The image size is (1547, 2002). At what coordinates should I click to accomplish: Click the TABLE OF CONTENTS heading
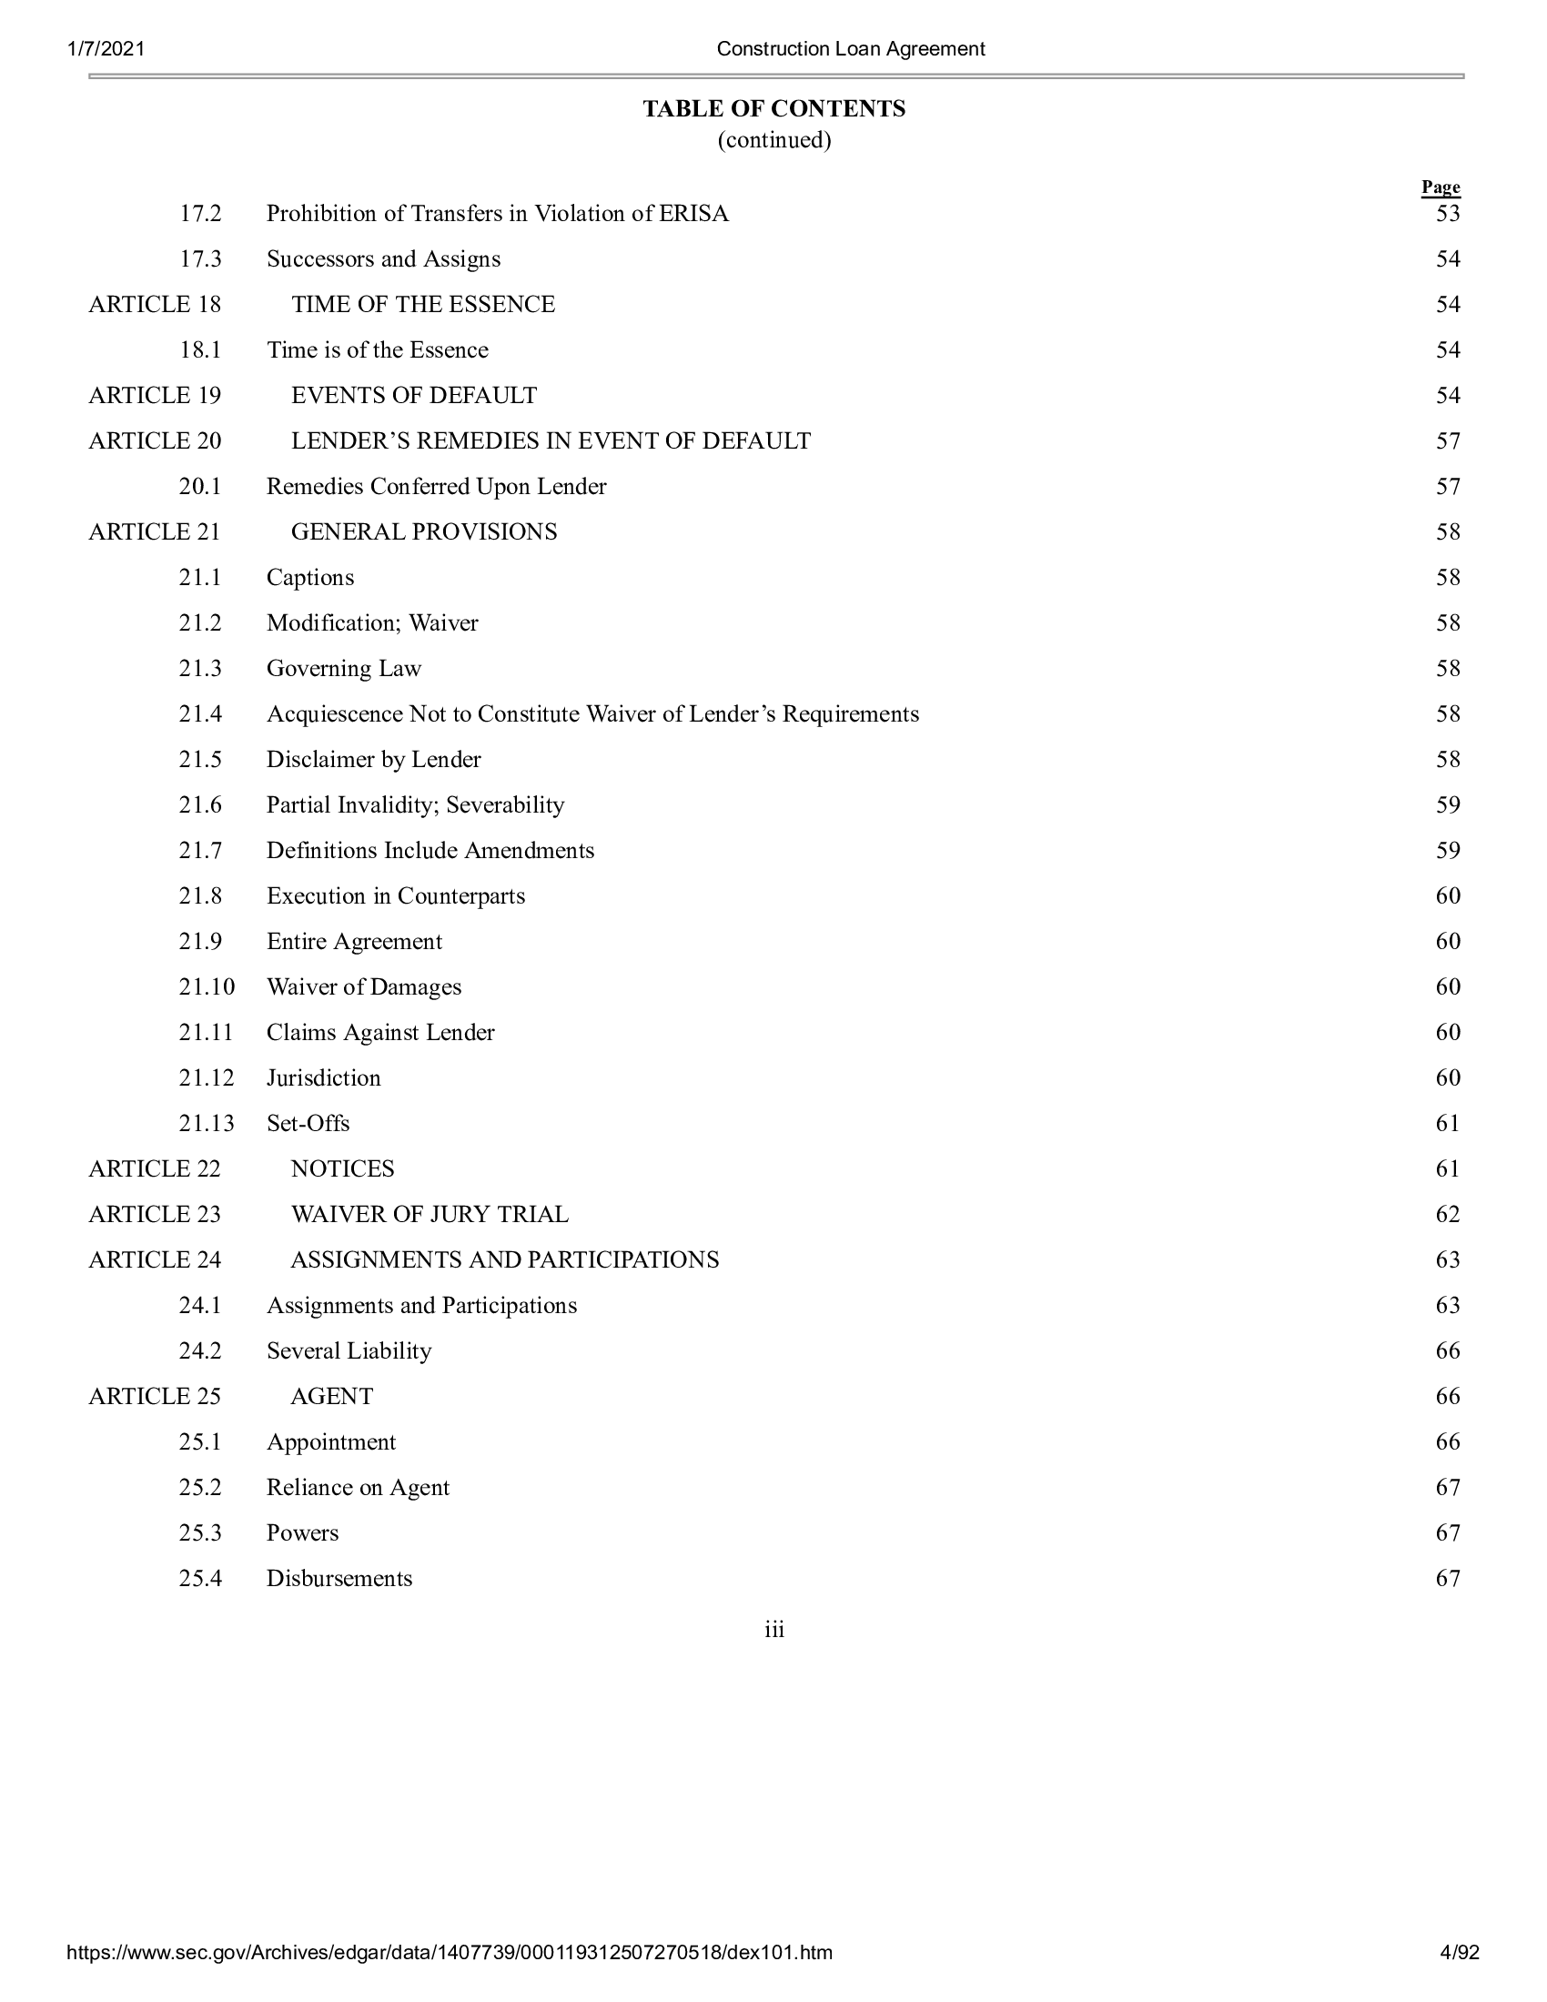pos(773,109)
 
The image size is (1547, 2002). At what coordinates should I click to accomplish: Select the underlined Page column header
pos(1440,187)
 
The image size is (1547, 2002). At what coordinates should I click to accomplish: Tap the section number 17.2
pos(200,214)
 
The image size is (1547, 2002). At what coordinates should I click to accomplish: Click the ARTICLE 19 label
pos(155,395)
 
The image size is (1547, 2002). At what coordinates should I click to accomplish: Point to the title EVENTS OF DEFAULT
pos(414,395)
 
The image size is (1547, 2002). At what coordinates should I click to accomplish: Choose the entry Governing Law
pos(344,668)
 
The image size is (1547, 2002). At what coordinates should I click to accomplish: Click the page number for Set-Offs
pos(1447,1123)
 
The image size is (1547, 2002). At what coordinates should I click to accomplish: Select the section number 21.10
pos(207,987)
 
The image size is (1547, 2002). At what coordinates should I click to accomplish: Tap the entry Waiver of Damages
pos(364,987)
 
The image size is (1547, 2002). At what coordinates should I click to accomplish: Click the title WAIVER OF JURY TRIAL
pos(430,1215)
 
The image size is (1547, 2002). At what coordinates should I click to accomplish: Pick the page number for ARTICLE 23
pos(1447,1215)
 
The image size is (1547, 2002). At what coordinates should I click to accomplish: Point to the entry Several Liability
pos(349,1351)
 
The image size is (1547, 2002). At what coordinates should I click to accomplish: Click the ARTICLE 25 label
pos(155,1396)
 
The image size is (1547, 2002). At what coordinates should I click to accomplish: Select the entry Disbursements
pos(339,1579)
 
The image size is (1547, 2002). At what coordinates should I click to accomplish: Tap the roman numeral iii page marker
pos(774,1630)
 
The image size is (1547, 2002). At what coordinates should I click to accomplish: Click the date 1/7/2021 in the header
pos(106,48)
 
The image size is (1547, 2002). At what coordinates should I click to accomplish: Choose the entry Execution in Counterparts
pos(396,895)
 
